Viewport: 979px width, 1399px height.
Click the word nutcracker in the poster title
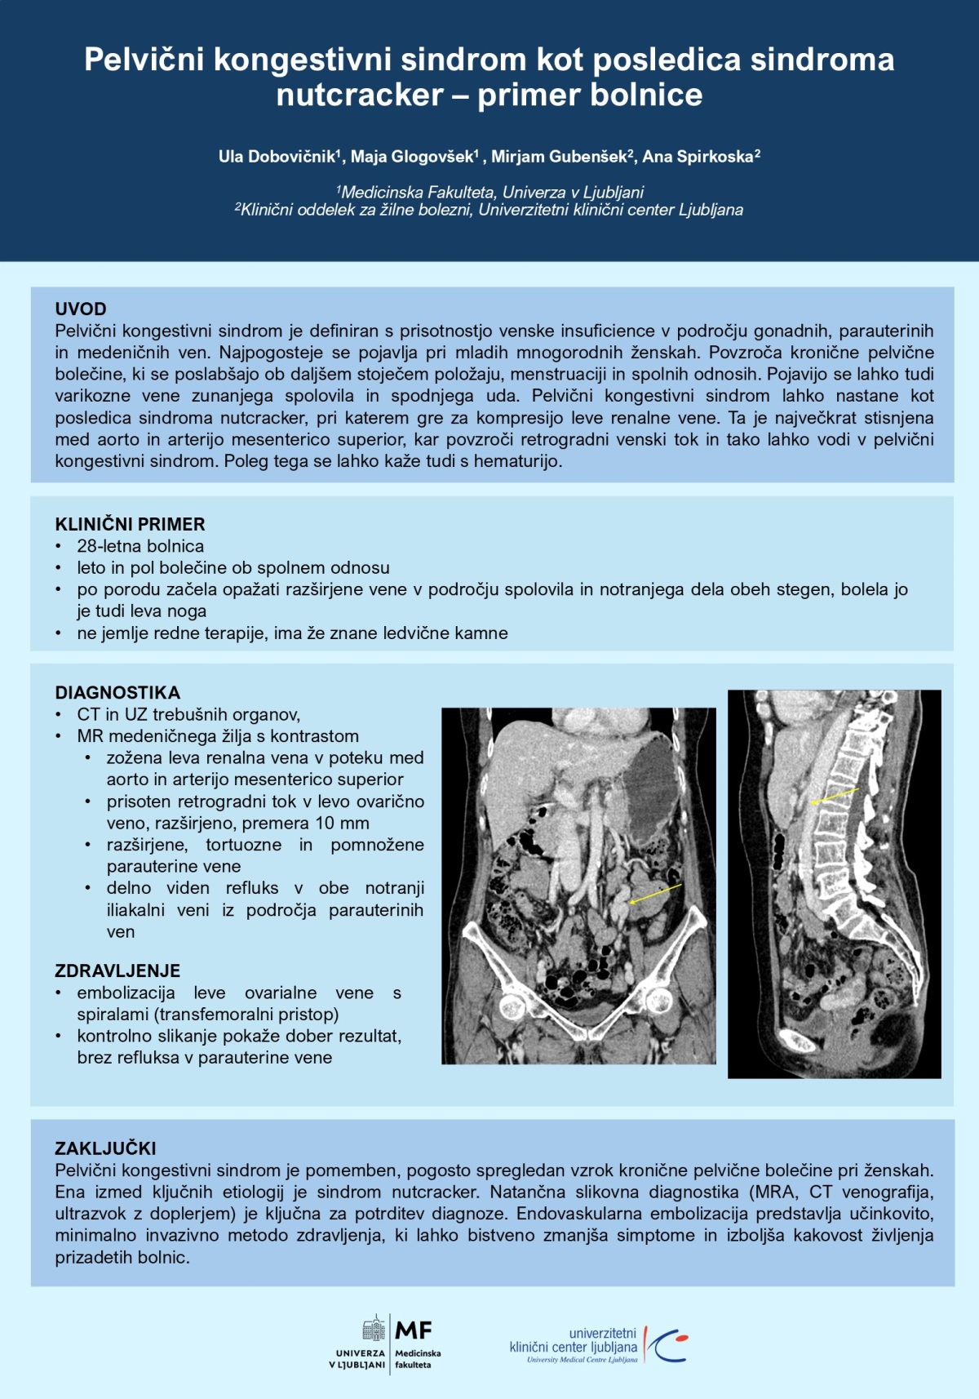[x=360, y=95]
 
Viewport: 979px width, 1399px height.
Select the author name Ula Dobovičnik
[x=277, y=157]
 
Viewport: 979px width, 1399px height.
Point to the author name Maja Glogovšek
[x=413, y=157]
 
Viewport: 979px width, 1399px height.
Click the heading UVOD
[x=81, y=309]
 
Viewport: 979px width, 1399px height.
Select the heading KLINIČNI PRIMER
[x=130, y=524]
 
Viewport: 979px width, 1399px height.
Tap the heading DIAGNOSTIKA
[x=117, y=693]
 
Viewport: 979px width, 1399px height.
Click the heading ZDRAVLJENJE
[x=117, y=971]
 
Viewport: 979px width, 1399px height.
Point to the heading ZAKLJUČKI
[x=105, y=1148]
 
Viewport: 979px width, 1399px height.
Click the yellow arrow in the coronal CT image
[x=655, y=895]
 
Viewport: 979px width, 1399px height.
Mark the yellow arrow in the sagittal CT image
[x=835, y=796]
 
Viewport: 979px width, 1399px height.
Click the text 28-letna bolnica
[x=140, y=546]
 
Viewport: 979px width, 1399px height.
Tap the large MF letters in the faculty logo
[x=414, y=1331]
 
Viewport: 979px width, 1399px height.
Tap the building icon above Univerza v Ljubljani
[x=374, y=1329]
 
